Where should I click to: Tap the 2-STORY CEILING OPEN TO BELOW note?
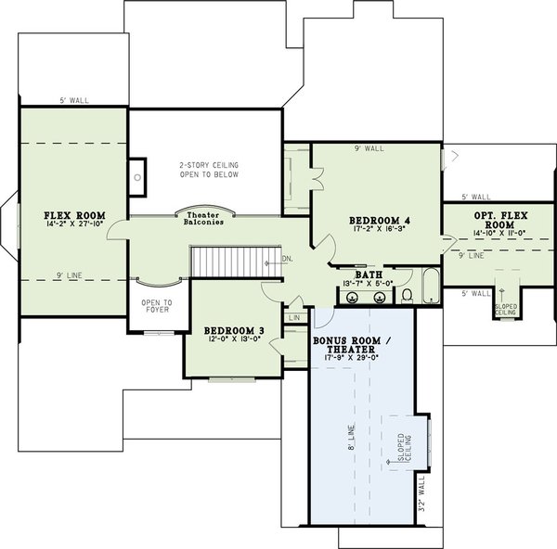pyautogui.click(x=209, y=170)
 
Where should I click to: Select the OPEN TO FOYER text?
pyautogui.click(x=154, y=305)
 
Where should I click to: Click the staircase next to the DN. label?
pyautogui.click(x=227, y=259)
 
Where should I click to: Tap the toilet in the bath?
pyautogui.click(x=408, y=295)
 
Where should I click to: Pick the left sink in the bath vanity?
pyautogui.click(x=354, y=297)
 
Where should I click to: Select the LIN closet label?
pyautogui.click(x=294, y=317)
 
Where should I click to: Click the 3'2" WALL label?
pyautogui.click(x=421, y=495)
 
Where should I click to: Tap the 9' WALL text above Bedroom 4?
pyautogui.click(x=368, y=148)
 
